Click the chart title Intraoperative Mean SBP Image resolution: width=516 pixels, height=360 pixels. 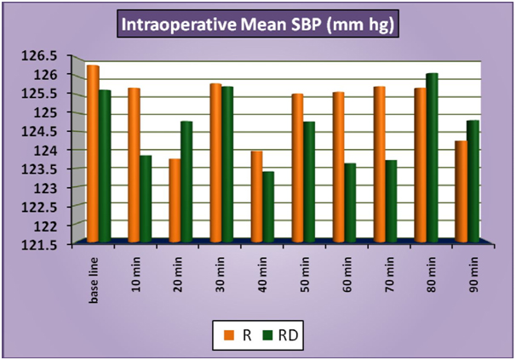pos(257,25)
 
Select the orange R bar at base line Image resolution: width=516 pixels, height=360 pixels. pos(93,153)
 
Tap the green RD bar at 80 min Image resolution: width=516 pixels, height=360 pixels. pos(433,157)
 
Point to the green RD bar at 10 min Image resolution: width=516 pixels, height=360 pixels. pos(146,197)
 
